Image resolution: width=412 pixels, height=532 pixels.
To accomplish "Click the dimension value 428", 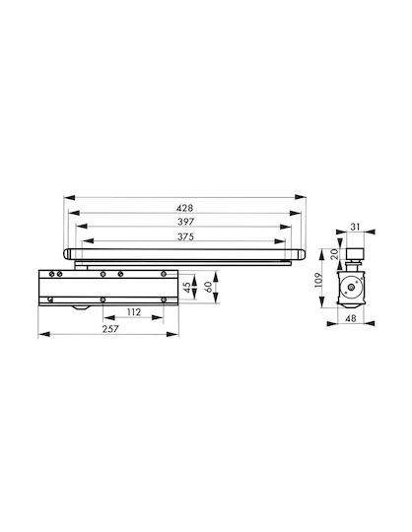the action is pos(185,208).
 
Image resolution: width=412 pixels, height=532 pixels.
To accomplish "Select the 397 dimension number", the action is pos(185,222).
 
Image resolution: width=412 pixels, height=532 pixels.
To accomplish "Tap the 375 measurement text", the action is pos(185,236).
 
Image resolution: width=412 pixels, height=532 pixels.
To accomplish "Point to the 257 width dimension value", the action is pos(110,329).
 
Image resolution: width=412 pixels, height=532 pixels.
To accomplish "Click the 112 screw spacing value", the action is pos(134,312).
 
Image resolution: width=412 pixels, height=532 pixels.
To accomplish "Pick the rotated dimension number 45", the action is pos(187,288).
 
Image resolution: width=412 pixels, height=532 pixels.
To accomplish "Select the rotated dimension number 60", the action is pos(208,287).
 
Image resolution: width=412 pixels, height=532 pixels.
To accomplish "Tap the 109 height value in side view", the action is pos(318,280).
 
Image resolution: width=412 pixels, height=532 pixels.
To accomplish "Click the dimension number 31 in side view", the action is pos(355,227).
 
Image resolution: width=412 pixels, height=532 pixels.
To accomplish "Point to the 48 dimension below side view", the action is pos(351,318).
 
